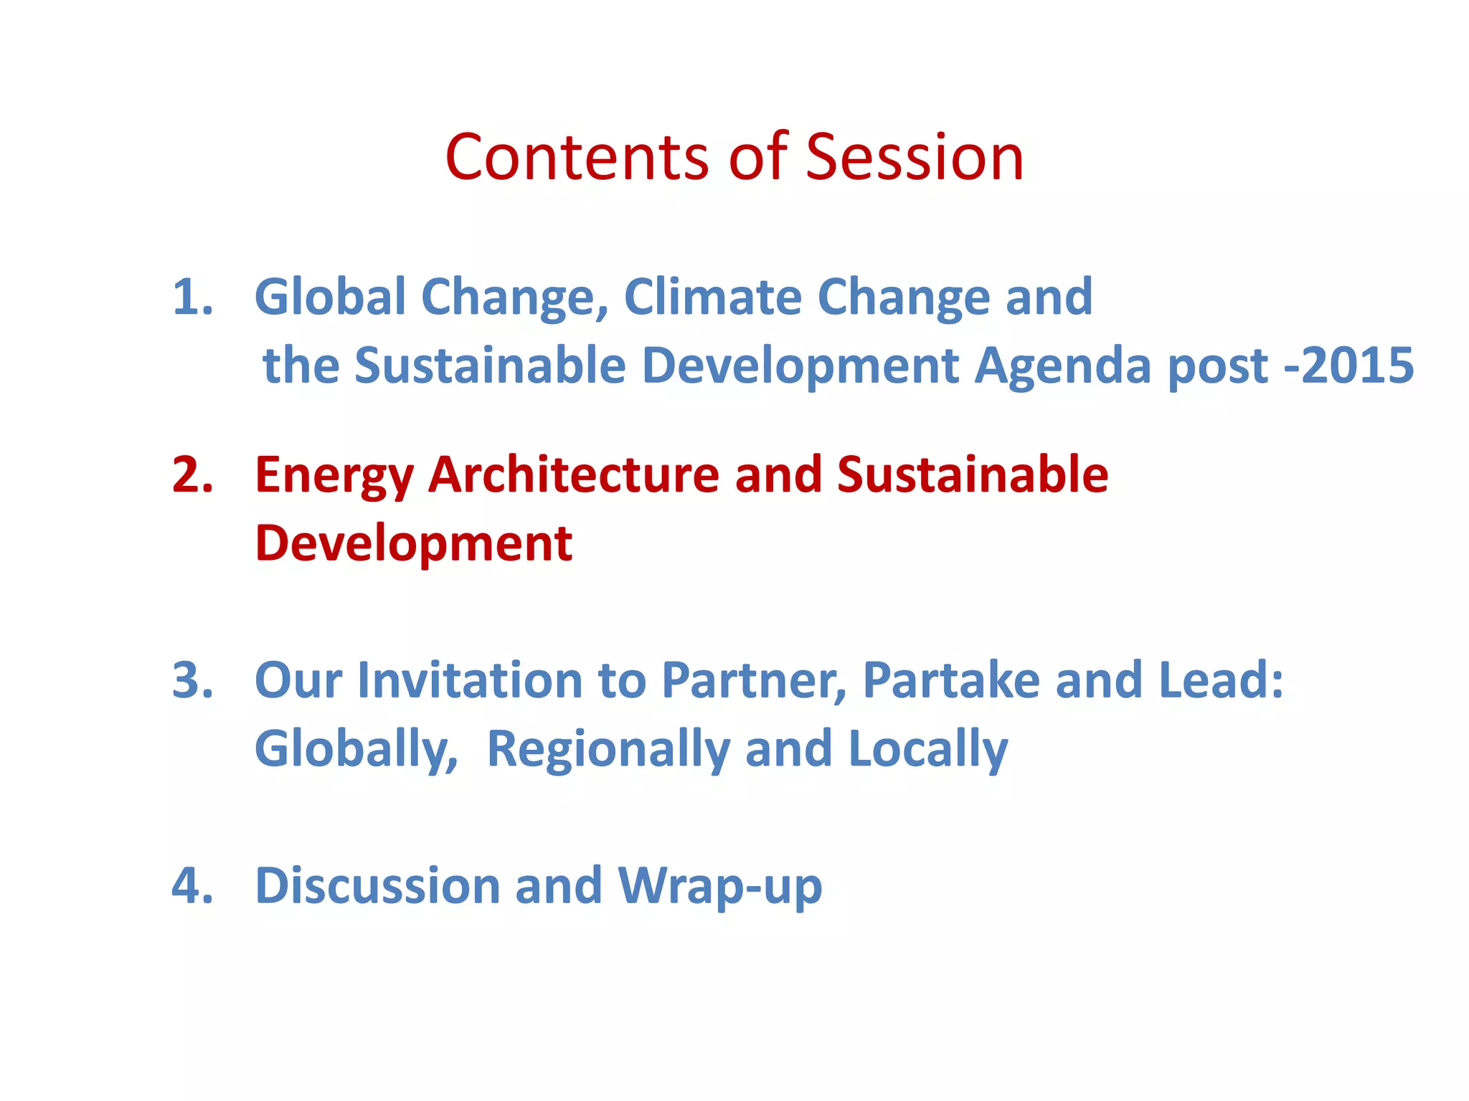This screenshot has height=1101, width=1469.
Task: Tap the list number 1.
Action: point(192,297)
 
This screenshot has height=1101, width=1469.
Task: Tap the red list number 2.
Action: point(192,475)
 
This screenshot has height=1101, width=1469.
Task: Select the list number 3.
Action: point(192,680)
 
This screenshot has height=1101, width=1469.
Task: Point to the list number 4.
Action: point(192,886)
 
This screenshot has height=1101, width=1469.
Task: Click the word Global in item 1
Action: point(330,297)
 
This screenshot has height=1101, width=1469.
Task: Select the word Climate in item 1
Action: point(712,297)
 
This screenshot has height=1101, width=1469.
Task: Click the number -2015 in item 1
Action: point(1348,366)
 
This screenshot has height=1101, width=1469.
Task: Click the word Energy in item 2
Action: point(334,476)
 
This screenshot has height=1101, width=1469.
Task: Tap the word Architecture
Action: point(573,475)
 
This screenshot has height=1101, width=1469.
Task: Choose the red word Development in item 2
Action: point(413,543)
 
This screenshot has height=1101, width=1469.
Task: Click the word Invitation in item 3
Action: point(470,680)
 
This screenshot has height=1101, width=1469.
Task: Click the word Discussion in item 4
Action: point(377,886)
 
